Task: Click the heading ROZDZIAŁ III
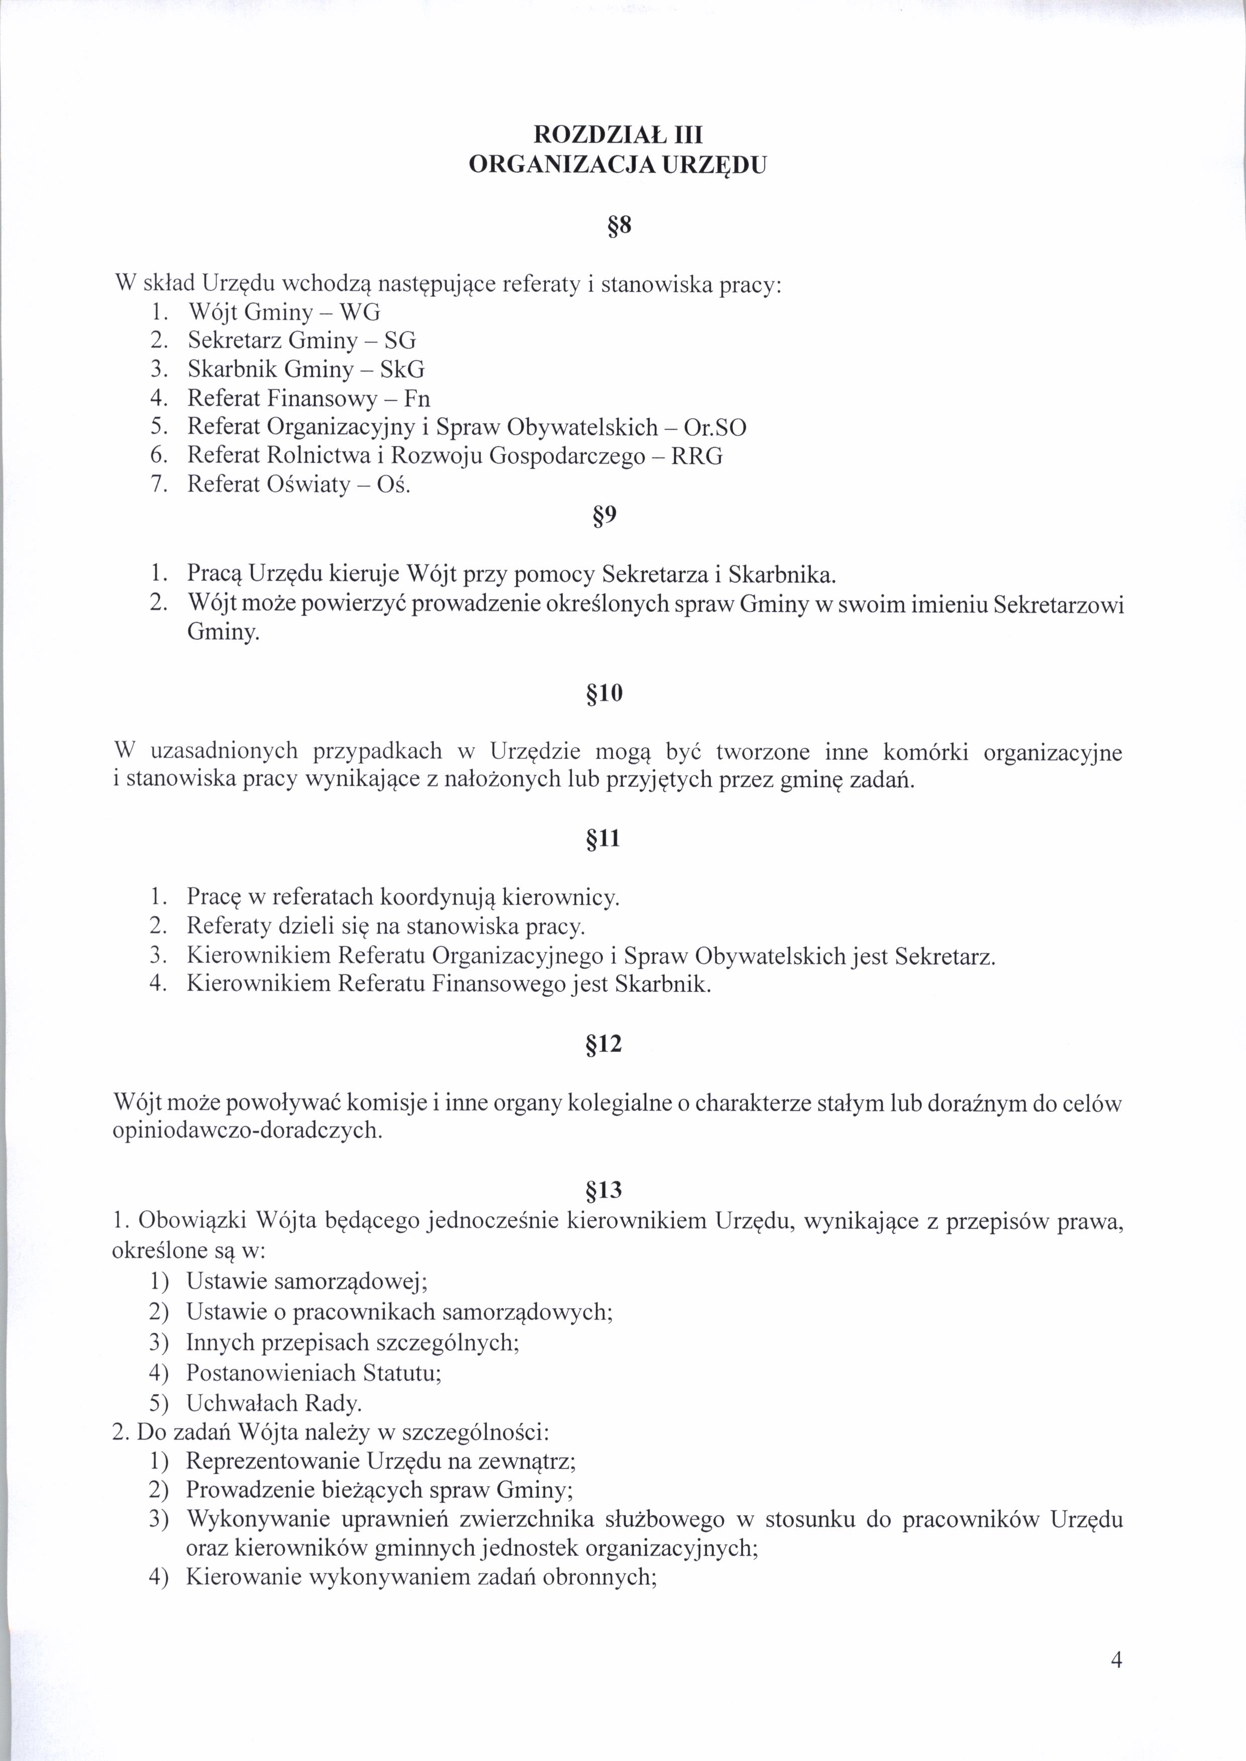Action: pos(617,135)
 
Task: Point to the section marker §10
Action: pos(604,693)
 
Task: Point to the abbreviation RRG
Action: pos(697,456)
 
